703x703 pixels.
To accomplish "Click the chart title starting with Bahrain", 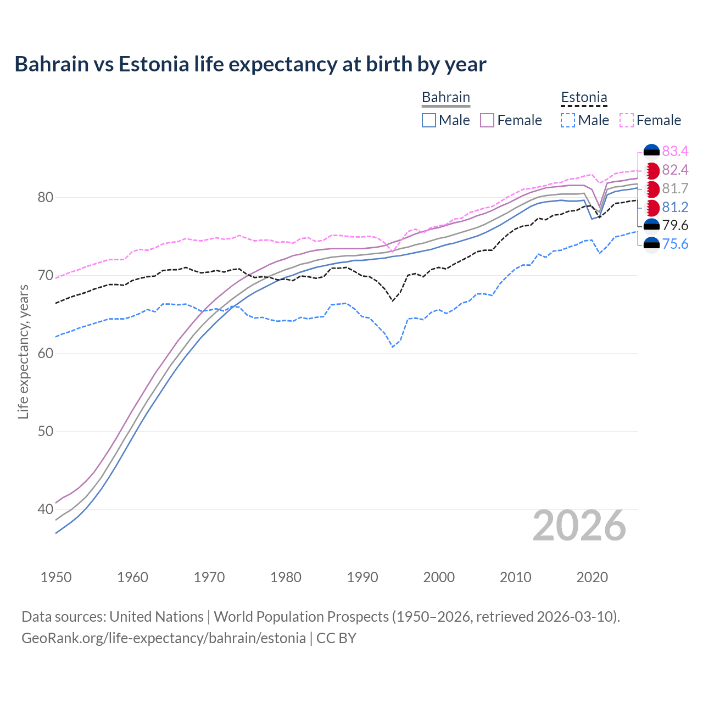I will click(x=250, y=64).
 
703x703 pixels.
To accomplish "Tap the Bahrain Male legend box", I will click(x=429, y=120).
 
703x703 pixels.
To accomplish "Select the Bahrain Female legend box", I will click(x=487, y=120).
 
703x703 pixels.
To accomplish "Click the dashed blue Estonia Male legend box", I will click(x=568, y=120).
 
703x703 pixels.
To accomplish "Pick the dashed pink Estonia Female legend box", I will click(x=626, y=120).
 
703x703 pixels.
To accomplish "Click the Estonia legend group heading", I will click(x=584, y=98).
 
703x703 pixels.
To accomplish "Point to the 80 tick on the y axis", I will click(x=45, y=197).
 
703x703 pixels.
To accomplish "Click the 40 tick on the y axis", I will click(x=45, y=509).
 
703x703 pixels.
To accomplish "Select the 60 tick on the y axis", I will click(x=45, y=353).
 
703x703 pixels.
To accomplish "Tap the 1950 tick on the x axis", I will click(x=56, y=577).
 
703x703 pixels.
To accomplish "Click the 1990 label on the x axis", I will click(x=362, y=577).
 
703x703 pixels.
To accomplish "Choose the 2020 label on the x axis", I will click(x=592, y=577).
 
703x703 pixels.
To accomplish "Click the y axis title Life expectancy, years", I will click(x=23, y=352).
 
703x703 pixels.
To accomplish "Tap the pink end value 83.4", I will click(x=675, y=151).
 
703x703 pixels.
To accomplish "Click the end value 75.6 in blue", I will click(x=675, y=244).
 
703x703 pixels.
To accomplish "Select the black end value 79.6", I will click(x=675, y=225).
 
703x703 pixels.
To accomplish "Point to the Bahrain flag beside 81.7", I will click(x=651, y=189).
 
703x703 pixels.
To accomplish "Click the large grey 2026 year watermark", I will click(x=579, y=526).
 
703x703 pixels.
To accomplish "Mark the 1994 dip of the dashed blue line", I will click(x=393, y=347).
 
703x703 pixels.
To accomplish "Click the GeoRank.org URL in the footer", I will click(x=164, y=638).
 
